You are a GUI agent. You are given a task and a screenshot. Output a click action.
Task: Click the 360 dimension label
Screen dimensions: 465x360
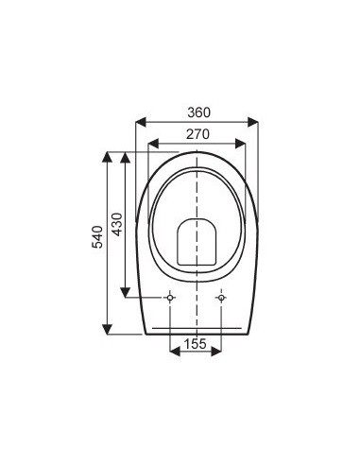pyautogui.click(x=197, y=111)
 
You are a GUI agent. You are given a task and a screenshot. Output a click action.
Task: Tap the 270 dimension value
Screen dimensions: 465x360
pyautogui.click(x=197, y=134)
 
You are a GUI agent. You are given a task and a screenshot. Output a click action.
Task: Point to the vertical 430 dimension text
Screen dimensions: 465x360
pyautogui.click(x=117, y=224)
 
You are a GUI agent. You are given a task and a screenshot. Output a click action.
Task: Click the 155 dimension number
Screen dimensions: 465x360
pyautogui.click(x=196, y=344)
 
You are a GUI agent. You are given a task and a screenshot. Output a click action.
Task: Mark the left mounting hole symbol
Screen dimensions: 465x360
pyautogui.click(x=170, y=298)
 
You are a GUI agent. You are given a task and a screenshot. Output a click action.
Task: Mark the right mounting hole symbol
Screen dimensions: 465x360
pyautogui.click(x=221, y=298)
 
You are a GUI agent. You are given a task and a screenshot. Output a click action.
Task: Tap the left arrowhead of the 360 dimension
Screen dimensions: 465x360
pyautogui.click(x=141, y=121)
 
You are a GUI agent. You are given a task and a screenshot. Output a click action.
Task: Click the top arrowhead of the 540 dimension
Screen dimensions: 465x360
pyautogui.click(x=109, y=154)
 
